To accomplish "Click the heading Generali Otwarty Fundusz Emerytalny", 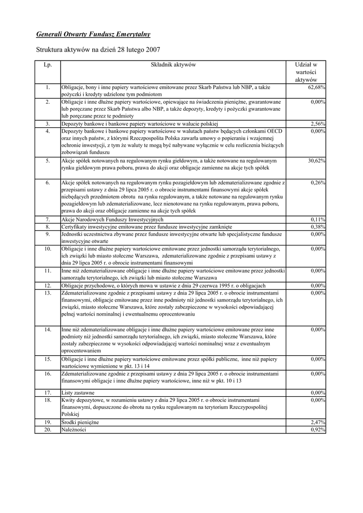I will tap(93, 35).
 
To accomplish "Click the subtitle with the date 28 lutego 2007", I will tap(98, 50).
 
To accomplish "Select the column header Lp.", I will tap(48, 65).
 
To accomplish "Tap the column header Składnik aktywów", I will tap(173, 65).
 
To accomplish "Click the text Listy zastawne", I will tap(78, 393).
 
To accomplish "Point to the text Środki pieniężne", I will tap(80, 423).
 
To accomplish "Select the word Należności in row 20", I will tap(74, 430).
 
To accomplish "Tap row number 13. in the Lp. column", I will tap(48, 293).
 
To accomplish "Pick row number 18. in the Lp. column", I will tap(48, 400).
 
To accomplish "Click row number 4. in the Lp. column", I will tap(48, 131).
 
